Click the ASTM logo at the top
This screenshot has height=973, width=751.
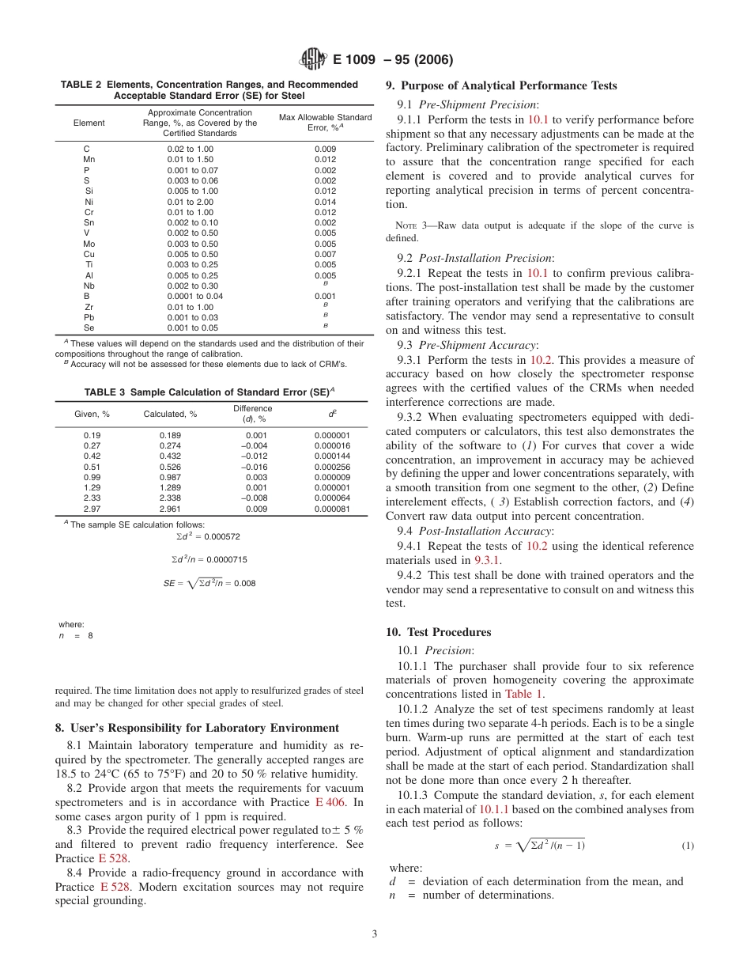(314, 59)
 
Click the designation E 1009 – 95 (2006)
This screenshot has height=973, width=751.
(393, 60)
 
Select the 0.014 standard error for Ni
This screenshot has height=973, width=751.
(325, 202)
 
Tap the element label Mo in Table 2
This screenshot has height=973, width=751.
(89, 244)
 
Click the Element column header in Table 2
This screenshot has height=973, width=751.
(89, 123)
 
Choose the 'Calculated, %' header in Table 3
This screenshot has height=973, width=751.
(170, 414)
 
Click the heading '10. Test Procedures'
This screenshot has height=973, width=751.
(438, 632)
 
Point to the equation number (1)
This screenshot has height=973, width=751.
(688, 846)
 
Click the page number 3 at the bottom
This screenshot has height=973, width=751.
(375, 933)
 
